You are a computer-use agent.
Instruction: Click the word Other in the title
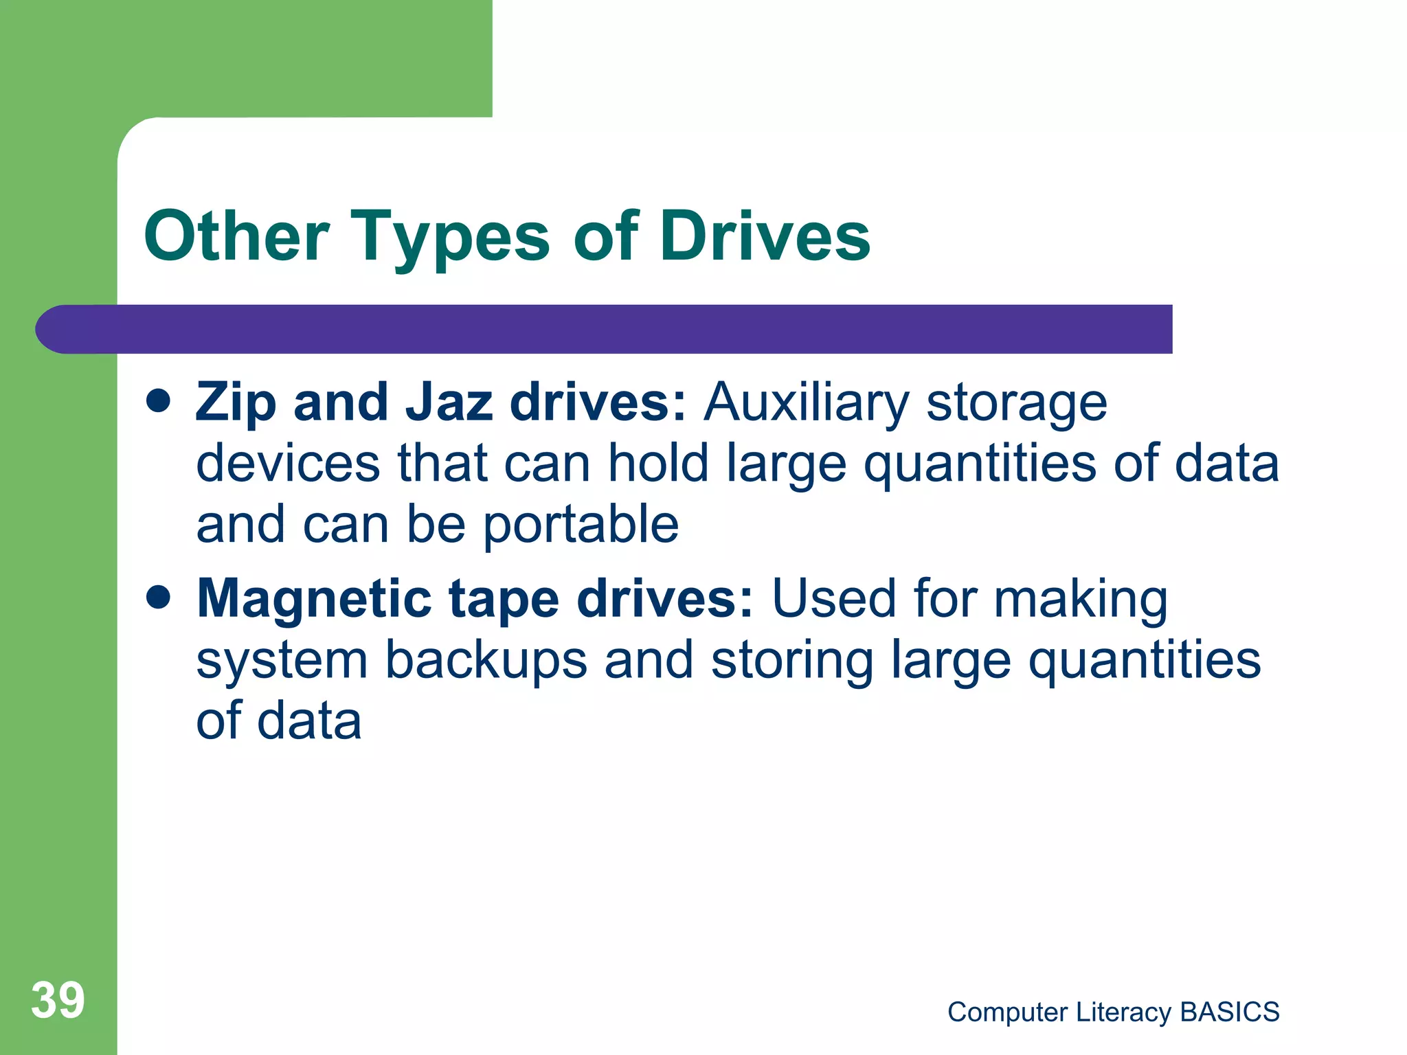click(236, 237)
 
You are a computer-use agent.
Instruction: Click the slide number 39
click(58, 1001)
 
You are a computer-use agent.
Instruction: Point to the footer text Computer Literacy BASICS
click(1113, 1012)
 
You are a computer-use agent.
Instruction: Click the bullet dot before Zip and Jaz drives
click(159, 402)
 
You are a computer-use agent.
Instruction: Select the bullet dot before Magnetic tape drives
click(159, 598)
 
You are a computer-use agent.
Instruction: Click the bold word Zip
click(236, 403)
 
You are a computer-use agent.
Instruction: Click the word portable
click(581, 525)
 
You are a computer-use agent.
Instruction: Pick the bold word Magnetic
click(315, 599)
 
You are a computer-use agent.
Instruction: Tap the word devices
click(288, 463)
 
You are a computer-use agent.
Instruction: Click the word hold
click(657, 463)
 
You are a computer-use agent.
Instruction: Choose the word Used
click(834, 599)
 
